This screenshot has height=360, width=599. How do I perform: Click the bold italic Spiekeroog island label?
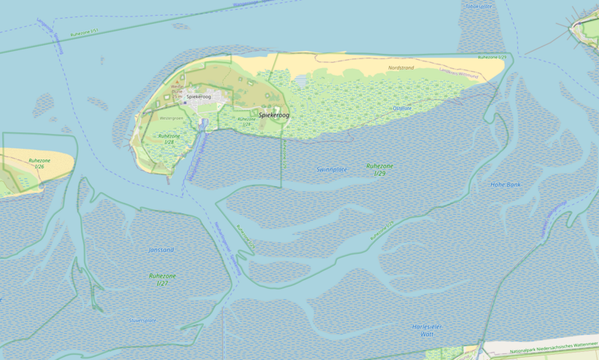click(273, 115)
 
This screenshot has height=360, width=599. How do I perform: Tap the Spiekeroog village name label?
click(198, 97)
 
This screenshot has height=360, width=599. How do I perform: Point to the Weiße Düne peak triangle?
click(177, 81)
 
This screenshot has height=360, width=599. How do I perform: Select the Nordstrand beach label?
click(401, 68)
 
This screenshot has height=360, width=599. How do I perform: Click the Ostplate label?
click(402, 109)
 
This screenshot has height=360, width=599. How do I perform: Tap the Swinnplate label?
click(332, 170)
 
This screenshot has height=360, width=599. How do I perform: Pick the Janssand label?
click(161, 249)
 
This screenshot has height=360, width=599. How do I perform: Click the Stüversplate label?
click(142, 320)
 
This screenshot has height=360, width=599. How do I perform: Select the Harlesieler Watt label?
click(428, 330)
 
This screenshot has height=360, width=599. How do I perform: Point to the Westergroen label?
click(171, 118)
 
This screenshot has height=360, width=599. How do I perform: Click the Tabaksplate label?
click(478, 6)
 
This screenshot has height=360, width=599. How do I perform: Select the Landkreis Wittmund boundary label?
click(458, 73)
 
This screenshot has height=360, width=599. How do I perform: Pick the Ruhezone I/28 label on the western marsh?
click(166, 138)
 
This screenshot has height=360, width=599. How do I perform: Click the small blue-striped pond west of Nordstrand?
click(301, 79)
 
